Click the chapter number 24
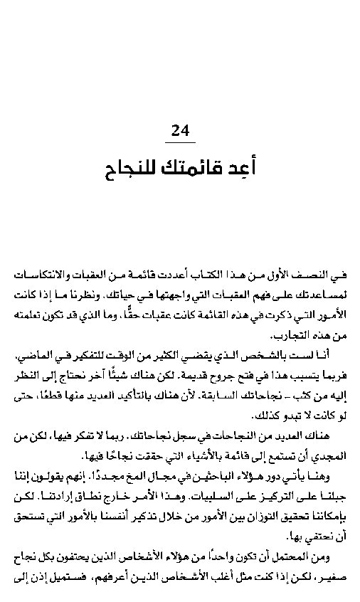coord(181,132)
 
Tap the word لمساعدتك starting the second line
coord(326,293)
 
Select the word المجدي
coord(331,455)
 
